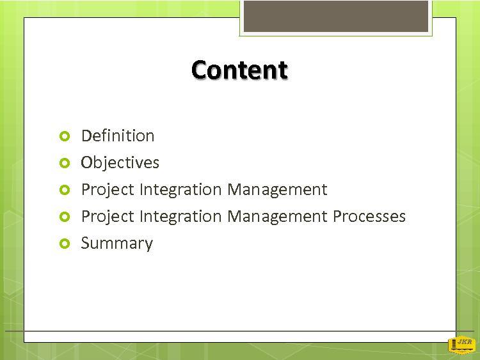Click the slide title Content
pyautogui.click(x=239, y=70)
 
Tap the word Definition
pyautogui.click(x=118, y=136)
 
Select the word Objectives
pyautogui.click(x=120, y=162)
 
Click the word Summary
pyautogui.click(x=116, y=244)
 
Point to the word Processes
pyautogui.click(x=369, y=217)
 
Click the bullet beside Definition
pyautogui.click(x=65, y=136)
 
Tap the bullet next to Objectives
pyautogui.click(x=65, y=163)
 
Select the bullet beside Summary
pyautogui.click(x=65, y=244)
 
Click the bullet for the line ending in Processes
pyautogui.click(x=65, y=217)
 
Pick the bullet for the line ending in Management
pyautogui.click(x=65, y=190)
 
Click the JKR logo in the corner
pyautogui.click(x=462, y=345)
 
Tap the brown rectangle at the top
pyautogui.click(x=336, y=16)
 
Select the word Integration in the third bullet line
pyautogui.click(x=180, y=190)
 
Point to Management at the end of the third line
pyautogui.click(x=277, y=190)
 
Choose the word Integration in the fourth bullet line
pyautogui.click(x=180, y=217)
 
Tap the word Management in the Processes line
pyautogui.click(x=277, y=217)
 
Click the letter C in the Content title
pyautogui.click(x=200, y=70)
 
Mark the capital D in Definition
pyautogui.click(x=86, y=136)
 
